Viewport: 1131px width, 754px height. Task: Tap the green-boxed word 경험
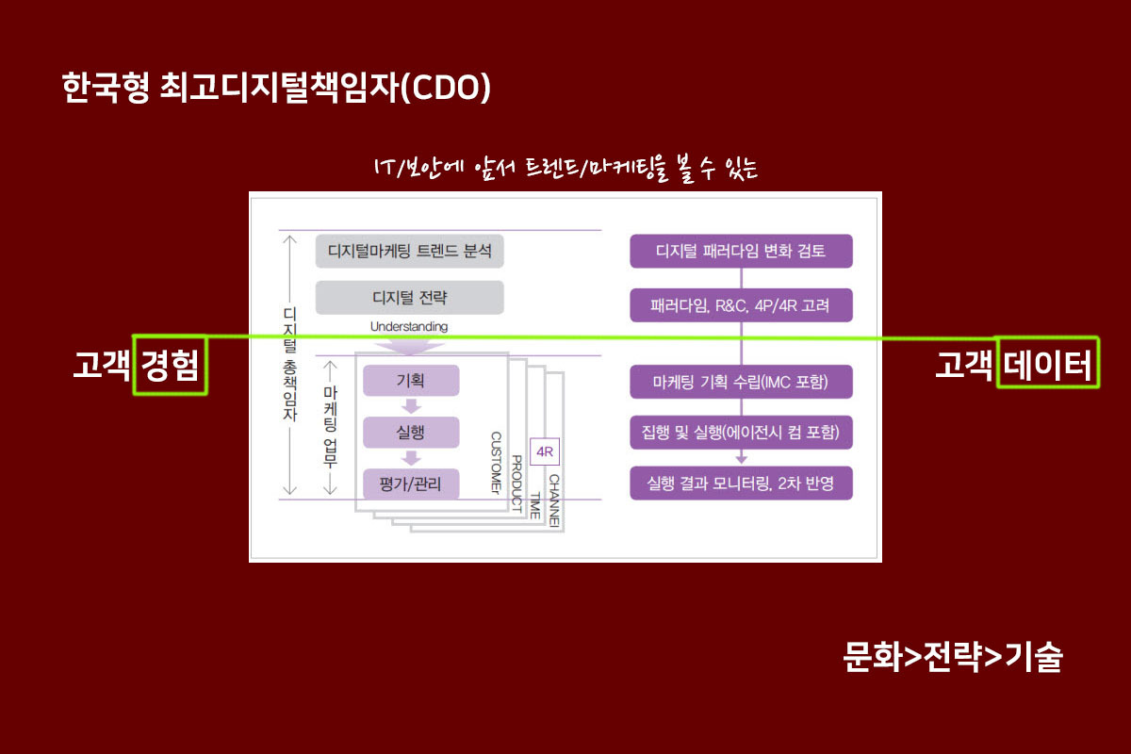[x=170, y=365]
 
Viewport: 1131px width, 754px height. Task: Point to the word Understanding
[x=409, y=326]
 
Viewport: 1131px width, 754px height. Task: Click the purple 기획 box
[x=411, y=381]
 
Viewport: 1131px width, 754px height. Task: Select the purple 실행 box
[x=411, y=433]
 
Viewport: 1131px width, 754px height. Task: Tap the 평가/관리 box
[x=411, y=484]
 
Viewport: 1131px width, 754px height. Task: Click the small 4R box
[x=545, y=452]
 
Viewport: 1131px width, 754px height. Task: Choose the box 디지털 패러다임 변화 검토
[x=741, y=252]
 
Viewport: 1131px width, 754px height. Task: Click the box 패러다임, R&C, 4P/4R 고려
[x=741, y=304]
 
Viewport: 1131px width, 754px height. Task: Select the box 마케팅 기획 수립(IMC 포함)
[x=741, y=382]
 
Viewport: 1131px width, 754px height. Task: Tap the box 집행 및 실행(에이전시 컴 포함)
[x=741, y=433]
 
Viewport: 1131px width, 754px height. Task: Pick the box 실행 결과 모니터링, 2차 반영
[x=741, y=484]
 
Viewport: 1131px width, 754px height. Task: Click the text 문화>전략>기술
[x=953, y=657]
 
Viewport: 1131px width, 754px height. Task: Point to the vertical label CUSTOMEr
[x=496, y=463]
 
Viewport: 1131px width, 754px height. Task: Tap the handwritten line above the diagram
[x=565, y=170]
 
